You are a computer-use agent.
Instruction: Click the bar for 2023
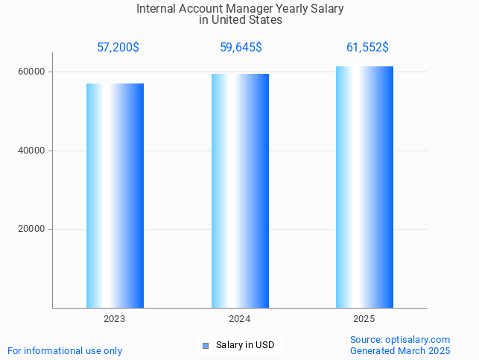115,195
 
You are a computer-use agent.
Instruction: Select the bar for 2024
240,191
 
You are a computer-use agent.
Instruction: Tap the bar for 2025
364,187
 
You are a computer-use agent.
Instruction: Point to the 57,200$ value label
118,48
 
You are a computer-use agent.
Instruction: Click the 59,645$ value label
241,48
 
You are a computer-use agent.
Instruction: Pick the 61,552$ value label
367,48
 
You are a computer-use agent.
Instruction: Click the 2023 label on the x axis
115,319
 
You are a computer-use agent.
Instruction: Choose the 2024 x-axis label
240,319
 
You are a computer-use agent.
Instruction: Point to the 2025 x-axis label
364,319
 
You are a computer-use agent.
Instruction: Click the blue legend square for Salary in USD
206,345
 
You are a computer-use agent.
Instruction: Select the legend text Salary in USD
245,345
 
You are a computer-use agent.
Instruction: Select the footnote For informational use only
65,350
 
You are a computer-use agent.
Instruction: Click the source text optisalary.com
418,340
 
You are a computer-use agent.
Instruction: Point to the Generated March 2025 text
400,350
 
